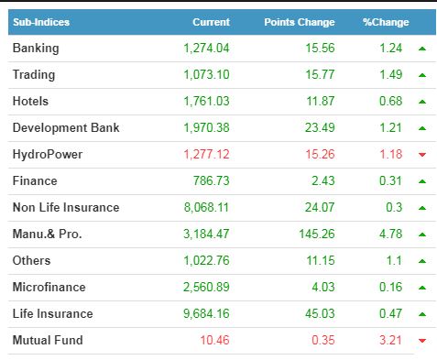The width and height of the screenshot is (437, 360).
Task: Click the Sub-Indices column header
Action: tap(41, 22)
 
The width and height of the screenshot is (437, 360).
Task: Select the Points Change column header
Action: tap(300, 22)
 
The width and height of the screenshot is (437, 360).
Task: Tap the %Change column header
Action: tap(386, 22)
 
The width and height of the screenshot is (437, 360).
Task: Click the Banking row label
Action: tap(36, 49)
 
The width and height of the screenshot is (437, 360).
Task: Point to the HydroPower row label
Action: tap(48, 155)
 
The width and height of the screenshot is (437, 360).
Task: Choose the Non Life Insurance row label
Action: tap(66, 207)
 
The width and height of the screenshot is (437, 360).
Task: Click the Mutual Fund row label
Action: tap(48, 340)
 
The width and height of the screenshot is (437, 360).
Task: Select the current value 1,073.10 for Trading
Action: tap(206, 75)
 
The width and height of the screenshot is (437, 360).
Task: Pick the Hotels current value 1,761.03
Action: tap(206, 102)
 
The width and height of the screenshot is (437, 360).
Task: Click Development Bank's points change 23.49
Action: tap(320, 127)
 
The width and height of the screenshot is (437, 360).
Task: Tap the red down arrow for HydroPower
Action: tap(422, 155)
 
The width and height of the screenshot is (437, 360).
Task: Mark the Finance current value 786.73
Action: tap(211, 180)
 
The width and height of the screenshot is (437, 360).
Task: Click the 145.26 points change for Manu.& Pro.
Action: tap(317, 234)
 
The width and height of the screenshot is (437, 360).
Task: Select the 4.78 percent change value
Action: tap(390, 234)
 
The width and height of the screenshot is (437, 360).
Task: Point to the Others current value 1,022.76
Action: tap(206, 261)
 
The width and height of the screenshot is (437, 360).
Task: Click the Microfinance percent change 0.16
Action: tap(390, 287)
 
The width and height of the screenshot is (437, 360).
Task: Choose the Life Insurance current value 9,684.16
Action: tap(206, 314)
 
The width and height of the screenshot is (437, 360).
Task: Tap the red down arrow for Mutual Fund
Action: tap(422, 341)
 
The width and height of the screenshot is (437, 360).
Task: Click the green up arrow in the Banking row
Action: tap(422, 49)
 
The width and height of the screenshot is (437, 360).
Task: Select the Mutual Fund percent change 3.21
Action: tap(390, 340)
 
